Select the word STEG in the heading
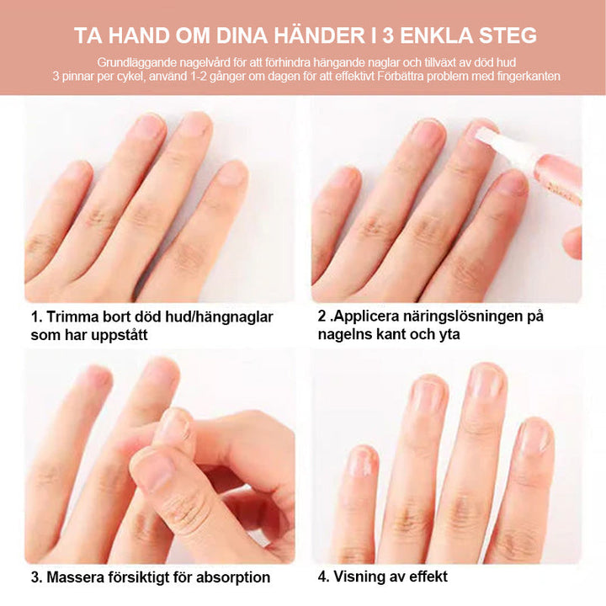tap(504, 36)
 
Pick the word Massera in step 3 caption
tap(77, 577)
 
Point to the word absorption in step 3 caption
tap(232, 577)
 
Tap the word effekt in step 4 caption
tap(428, 577)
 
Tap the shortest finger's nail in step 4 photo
tap(362, 460)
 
